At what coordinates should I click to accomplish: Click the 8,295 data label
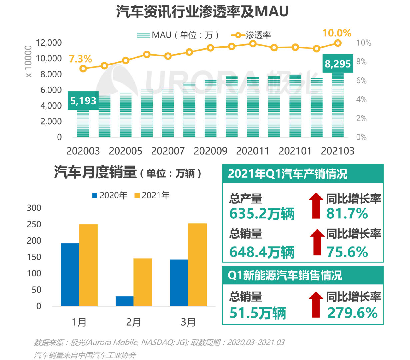pos(338,64)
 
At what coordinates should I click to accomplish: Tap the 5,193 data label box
pos(83,100)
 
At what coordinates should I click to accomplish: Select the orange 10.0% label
pos(337,33)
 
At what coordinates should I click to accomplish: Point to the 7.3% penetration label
pos(80,59)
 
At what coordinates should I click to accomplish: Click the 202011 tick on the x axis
pos(252,151)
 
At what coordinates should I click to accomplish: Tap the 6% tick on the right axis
pos(361,80)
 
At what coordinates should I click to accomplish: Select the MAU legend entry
pos(178,35)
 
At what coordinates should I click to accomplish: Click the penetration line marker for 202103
pos(338,43)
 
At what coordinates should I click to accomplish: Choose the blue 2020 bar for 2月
pos(125,301)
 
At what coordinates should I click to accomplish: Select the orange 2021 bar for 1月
pos(88,265)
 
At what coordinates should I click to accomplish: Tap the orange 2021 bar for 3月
pos(197,265)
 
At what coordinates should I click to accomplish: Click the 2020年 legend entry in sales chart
pos(109,195)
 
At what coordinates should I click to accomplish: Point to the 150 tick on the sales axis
pos(34,257)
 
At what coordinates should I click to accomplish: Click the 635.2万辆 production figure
pos(262,214)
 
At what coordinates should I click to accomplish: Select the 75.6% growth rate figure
pos(347,252)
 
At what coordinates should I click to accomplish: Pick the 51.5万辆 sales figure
pos(258,313)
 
